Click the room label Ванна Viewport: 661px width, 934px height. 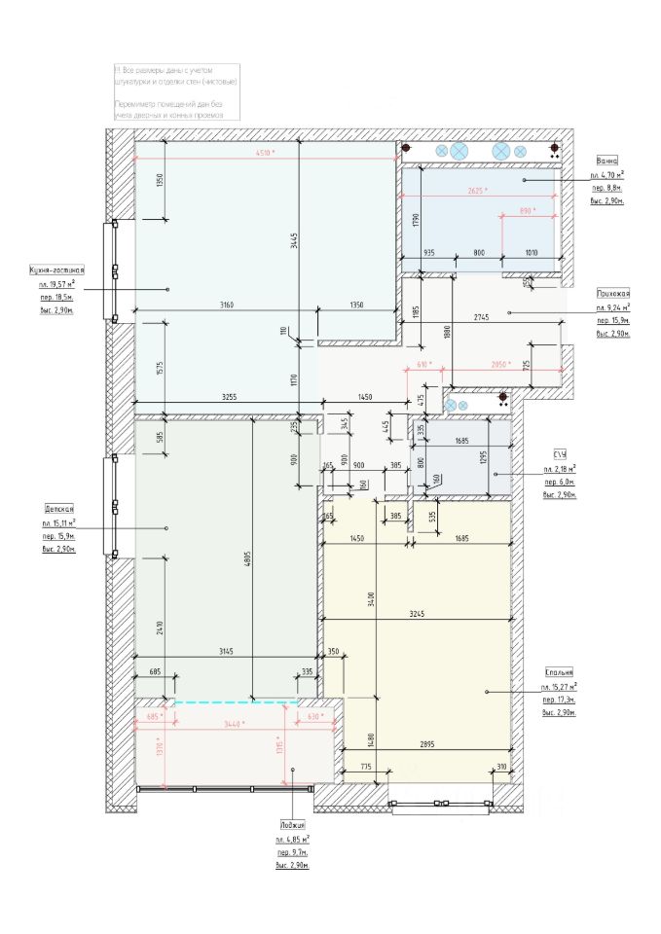click(608, 161)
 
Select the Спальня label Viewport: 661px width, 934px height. click(559, 672)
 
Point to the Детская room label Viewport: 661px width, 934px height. click(59, 508)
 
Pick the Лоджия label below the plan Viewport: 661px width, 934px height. click(292, 824)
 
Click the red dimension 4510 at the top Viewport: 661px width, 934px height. click(265, 154)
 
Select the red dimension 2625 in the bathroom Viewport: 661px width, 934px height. click(477, 191)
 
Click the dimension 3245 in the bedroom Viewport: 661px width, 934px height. click(419, 613)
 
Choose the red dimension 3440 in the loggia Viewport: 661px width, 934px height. click(233, 724)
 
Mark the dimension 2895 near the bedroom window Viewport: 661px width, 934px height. click(421, 743)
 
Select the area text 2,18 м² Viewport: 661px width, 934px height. click(559, 469)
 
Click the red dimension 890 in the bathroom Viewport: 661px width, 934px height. click(527, 210)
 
